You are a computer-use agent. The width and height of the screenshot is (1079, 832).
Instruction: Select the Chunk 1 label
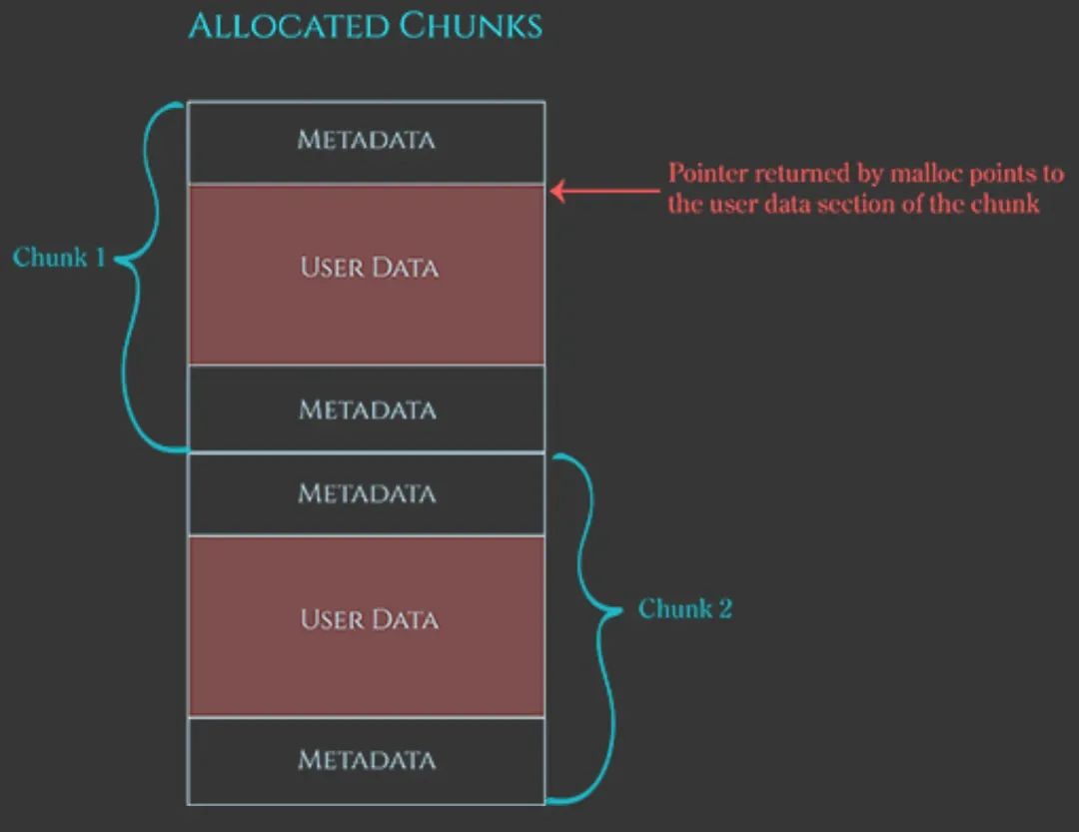tap(59, 258)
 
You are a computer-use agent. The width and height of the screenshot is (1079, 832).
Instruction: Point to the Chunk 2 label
tap(685, 608)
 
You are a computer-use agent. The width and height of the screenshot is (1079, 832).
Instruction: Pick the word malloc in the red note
tap(934, 173)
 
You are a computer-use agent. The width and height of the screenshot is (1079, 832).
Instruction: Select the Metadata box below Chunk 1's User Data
tap(367, 409)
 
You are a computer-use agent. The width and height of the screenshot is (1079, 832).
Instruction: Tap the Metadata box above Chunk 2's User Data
tap(367, 493)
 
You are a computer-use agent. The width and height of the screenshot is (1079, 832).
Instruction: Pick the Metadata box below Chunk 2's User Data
tap(367, 760)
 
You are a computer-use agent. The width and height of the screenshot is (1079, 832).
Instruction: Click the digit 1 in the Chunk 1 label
tap(100, 258)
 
